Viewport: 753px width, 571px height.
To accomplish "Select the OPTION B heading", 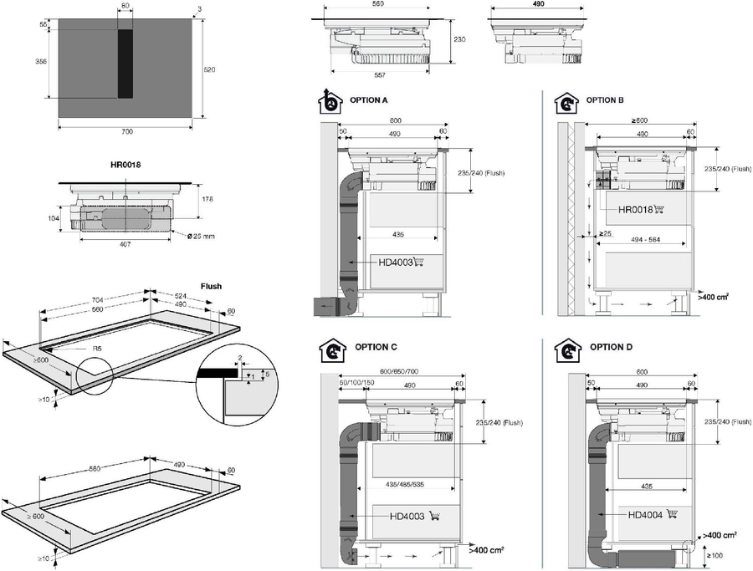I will [x=605, y=99].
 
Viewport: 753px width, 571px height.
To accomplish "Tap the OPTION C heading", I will [x=376, y=346].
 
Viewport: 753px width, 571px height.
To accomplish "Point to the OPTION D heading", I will [x=611, y=346].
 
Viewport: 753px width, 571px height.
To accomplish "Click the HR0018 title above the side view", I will [x=125, y=165].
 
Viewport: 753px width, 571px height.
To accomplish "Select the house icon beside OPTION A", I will [x=331, y=103].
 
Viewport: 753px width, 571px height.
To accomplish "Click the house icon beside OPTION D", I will [x=569, y=349].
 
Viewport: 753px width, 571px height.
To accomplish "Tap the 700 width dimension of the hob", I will [x=126, y=132].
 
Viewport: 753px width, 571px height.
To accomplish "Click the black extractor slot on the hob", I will [x=125, y=62].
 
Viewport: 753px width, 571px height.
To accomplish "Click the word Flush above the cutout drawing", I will [x=211, y=286].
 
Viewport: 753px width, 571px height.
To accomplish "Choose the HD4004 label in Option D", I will [x=645, y=515].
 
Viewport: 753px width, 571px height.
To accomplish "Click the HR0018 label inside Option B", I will [x=636, y=210].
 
